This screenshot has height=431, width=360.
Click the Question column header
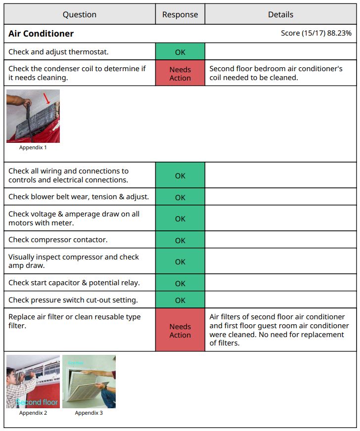pyautogui.click(x=79, y=14)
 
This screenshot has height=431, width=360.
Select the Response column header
pyautogui.click(x=180, y=14)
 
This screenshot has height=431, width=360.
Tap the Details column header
pyautogui.click(x=280, y=14)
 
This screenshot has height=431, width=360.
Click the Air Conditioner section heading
pyautogui.click(x=41, y=34)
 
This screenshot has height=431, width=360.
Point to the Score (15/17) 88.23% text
pyautogui.click(x=316, y=33)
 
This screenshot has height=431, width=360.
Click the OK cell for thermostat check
pyautogui.click(x=180, y=51)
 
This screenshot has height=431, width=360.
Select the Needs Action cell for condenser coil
pyautogui.click(x=180, y=74)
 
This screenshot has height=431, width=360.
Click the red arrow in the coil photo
pyautogui.click(x=47, y=98)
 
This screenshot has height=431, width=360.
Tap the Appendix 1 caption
pyautogui.click(x=33, y=147)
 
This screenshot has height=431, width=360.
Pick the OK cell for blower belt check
pyautogui.click(x=180, y=197)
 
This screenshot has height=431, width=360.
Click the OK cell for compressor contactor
pyautogui.click(x=180, y=240)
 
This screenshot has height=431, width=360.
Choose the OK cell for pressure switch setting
pyautogui.click(x=180, y=300)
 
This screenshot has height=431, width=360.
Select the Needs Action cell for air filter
pyautogui.click(x=180, y=331)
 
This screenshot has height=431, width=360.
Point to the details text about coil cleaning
pyautogui.click(x=276, y=73)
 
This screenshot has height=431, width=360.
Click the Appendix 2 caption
pyautogui.click(x=33, y=413)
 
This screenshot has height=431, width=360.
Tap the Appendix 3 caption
pyautogui.click(x=89, y=413)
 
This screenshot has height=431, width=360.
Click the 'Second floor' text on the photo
pyautogui.click(x=37, y=402)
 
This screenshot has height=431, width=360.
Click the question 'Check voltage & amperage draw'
pyautogui.click(x=74, y=218)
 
